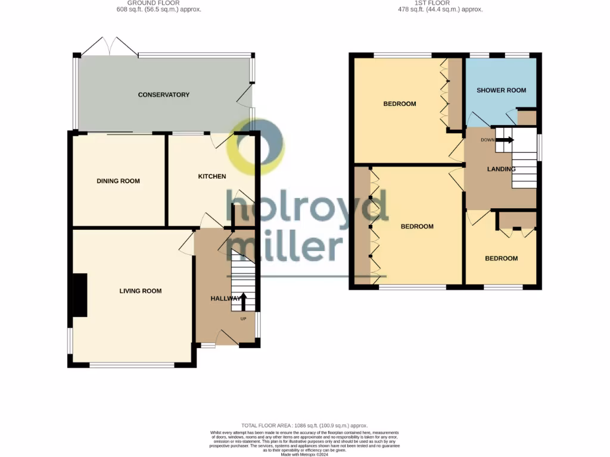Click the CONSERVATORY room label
163,95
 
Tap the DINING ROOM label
118,181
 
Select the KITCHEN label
212,176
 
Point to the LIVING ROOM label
140,291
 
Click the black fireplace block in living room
80,295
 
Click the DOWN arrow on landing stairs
504,140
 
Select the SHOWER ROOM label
501,90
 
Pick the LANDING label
501,169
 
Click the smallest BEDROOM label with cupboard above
501,258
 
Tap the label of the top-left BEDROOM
399,104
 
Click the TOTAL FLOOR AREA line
304,425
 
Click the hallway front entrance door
226,339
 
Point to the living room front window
132,364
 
